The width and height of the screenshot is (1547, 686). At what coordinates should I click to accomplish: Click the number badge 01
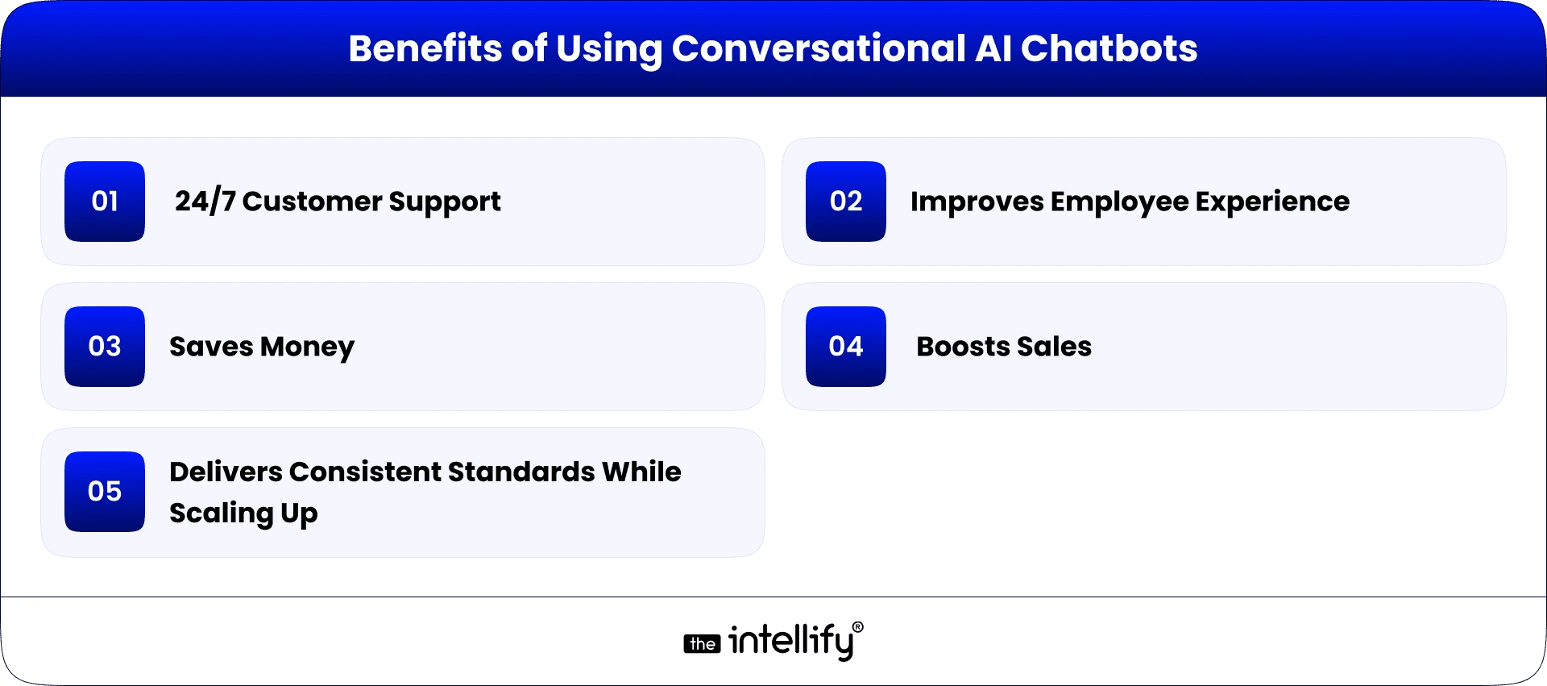tap(105, 202)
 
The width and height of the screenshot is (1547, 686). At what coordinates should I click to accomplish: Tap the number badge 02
tap(846, 202)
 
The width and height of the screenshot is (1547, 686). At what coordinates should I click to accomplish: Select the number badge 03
tap(105, 347)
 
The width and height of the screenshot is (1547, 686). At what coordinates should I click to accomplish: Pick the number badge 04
tap(846, 347)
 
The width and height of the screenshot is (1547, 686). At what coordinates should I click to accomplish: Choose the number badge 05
tap(105, 492)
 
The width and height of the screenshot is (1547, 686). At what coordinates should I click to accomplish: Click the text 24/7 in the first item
tap(205, 202)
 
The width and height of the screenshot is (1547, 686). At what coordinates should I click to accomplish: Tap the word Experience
tap(1272, 202)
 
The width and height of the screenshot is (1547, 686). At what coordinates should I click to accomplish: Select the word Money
tap(307, 347)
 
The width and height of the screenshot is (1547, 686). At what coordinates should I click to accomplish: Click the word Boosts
tap(962, 347)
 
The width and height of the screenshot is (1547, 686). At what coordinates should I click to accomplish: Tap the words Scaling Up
tap(243, 513)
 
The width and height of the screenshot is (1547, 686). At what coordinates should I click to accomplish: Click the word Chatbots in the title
tap(1109, 48)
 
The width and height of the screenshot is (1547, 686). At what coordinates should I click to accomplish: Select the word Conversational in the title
tap(818, 48)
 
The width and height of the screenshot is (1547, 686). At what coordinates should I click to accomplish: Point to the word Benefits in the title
tap(425, 48)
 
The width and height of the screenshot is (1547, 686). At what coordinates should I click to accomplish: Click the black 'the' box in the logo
tap(702, 644)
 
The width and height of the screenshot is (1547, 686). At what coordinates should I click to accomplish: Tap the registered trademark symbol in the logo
tap(858, 626)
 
